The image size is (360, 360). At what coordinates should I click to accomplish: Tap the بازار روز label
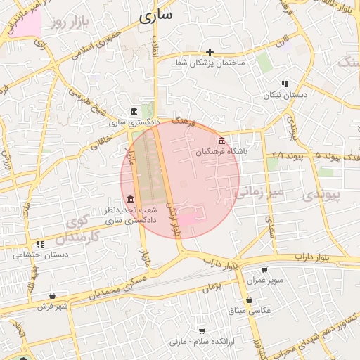click(72, 24)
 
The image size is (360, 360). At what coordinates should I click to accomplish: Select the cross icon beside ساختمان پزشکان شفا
click(210, 52)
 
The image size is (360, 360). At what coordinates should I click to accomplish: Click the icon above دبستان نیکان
click(284, 83)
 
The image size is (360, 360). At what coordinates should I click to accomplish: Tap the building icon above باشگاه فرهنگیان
click(222, 141)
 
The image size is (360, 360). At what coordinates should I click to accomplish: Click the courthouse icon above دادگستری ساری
click(134, 112)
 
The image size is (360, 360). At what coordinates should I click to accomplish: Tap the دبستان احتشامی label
click(41, 255)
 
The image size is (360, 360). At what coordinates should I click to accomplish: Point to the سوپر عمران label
click(264, 280)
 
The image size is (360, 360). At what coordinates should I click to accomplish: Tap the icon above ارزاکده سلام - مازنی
click(202, 330)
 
